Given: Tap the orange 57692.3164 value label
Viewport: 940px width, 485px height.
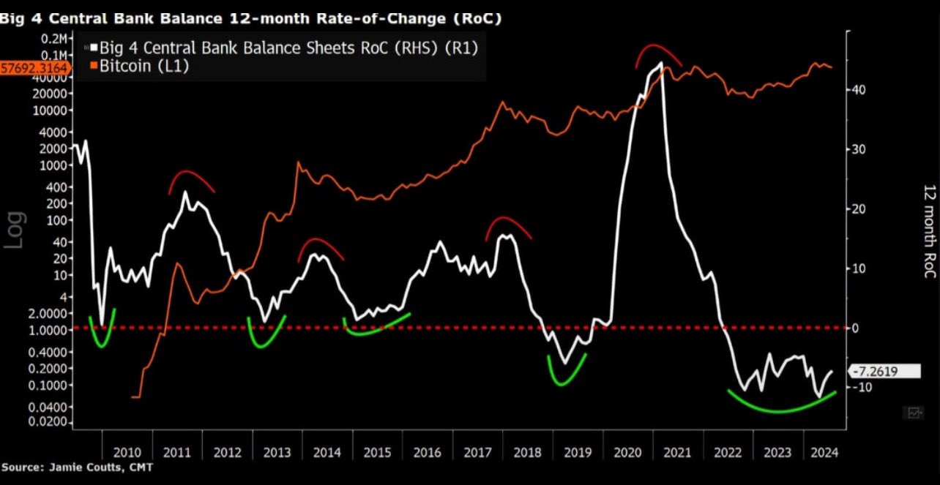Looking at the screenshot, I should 35,68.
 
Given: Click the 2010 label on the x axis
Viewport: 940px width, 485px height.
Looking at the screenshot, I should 127,452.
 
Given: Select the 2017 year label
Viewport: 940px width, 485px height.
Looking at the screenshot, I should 477,452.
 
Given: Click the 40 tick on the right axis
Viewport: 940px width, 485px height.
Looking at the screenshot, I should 858,89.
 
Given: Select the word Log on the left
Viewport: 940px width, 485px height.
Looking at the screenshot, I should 15,230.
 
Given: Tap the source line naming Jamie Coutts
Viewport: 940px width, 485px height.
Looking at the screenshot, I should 77,467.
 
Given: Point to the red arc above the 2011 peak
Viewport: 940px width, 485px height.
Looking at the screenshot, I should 191,176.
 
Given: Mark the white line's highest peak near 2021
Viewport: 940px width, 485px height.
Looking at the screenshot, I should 661,64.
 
